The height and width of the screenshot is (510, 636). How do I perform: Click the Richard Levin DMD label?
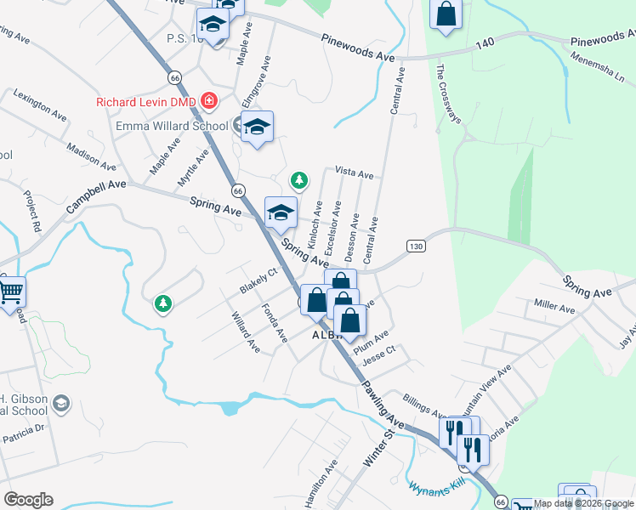pos(147,102)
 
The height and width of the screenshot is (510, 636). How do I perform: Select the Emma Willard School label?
pos(173,127)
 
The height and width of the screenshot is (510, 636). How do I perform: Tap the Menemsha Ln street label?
pos(599,67)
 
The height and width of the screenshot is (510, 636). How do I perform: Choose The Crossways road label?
pos(448,94)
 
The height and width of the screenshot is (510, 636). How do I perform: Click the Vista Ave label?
pos(355,173)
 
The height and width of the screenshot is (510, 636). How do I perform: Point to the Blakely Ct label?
pos(258,281)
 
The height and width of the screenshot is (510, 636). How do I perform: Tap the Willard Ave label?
pos(246,331)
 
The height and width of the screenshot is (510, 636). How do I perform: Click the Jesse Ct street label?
pos(379,356)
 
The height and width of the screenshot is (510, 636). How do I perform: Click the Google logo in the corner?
pos(28,499)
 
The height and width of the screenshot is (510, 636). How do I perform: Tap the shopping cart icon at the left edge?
pos(10,292)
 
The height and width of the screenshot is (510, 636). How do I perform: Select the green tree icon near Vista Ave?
pos(298,180)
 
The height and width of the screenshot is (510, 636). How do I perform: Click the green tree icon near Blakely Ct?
pos(162,303)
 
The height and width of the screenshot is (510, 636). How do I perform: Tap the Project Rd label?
pos(32,212)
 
